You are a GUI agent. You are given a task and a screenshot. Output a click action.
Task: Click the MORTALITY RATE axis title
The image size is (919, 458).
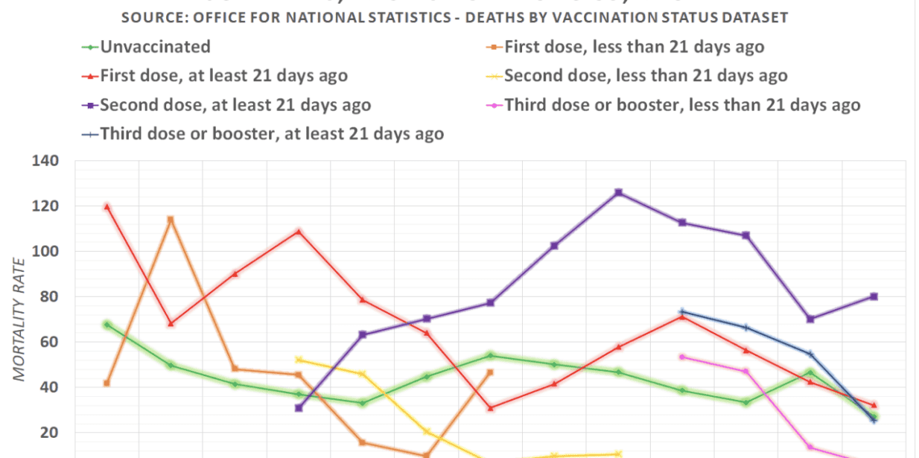click(x=20, y=319)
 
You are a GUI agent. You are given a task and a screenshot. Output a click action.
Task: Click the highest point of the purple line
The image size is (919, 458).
click(x=617, y=193)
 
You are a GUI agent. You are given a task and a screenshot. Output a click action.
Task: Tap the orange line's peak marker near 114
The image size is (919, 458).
click(x=171, y=220)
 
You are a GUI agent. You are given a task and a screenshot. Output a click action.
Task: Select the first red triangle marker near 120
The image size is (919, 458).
click(x=107, y=207)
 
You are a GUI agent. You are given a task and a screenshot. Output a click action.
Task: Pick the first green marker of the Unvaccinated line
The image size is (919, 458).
click(x=107, y=325)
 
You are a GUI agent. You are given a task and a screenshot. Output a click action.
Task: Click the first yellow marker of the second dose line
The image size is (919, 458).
click(x=299, y=360)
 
